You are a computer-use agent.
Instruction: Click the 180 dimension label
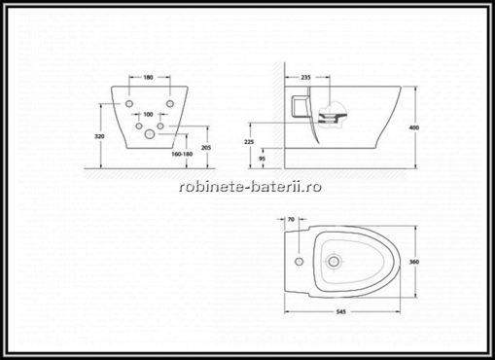[x=148, y=77]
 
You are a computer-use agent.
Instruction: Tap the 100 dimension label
[x=148, y=114]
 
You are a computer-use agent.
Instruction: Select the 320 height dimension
[x=99, y=136]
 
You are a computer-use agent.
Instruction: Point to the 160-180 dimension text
[x=182, y=154]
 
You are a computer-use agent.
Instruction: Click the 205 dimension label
[x=206, y=148]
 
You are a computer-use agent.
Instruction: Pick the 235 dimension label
[x=305, y=77]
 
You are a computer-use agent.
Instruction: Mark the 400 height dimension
[x=414, y=127]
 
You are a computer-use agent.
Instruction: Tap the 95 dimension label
[x=263, y=159]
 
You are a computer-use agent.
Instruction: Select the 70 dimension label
[x=291, y=220]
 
